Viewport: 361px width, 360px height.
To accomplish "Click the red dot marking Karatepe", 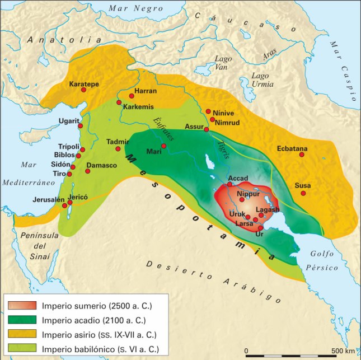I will point(84,90).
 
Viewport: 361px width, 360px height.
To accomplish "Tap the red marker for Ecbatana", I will point(302,155).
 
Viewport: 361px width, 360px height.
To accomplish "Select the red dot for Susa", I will point(303,193).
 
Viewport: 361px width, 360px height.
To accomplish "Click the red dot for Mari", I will point(164,146).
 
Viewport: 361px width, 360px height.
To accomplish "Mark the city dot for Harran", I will point(132,96).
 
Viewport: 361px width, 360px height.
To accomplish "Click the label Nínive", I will point(223,112).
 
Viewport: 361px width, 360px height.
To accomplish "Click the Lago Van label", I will point(223,62).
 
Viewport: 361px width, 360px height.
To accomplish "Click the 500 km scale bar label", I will point(342,351).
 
